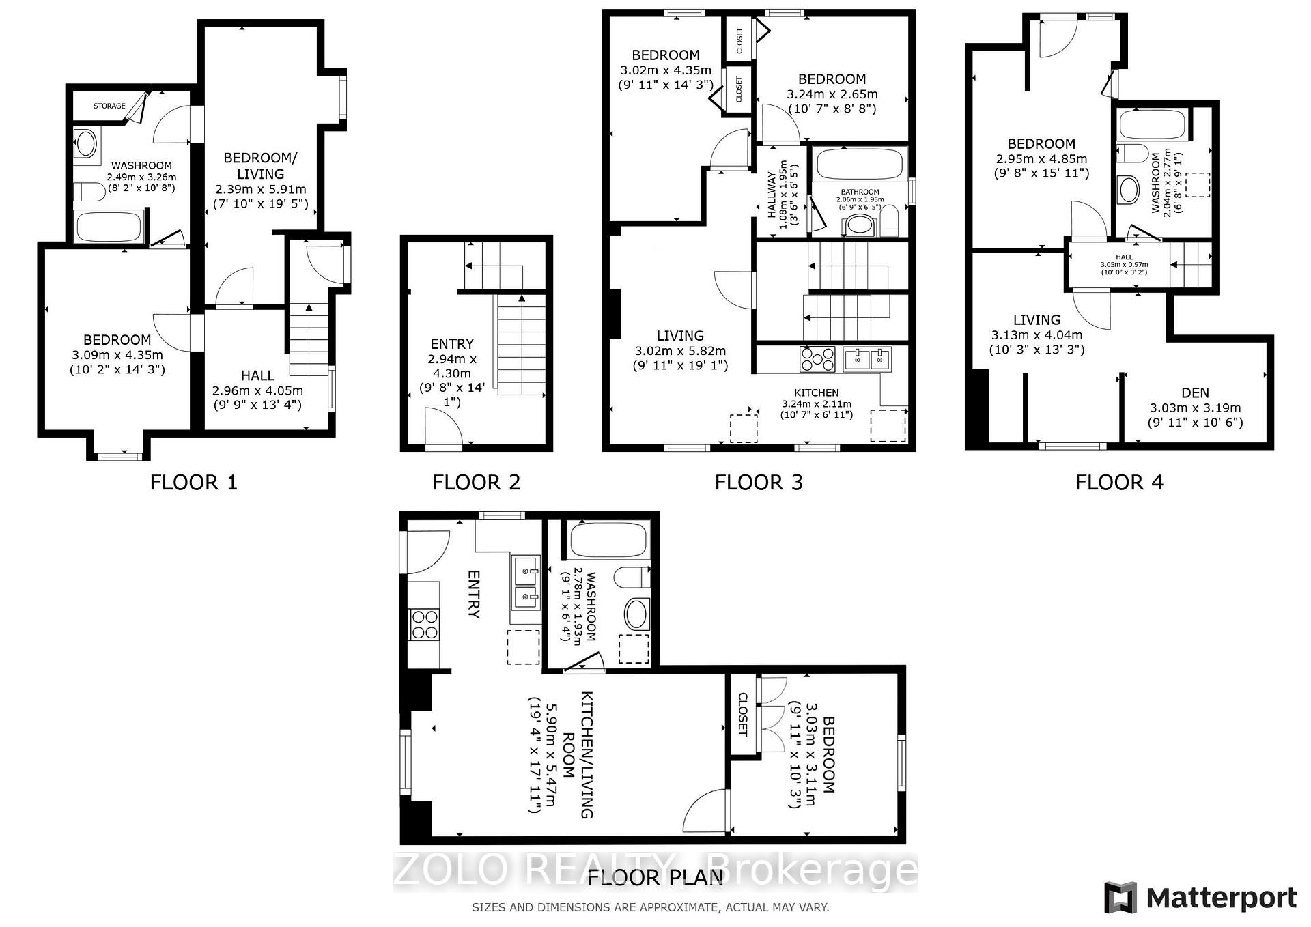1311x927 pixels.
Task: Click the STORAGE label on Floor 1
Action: pos(109,106)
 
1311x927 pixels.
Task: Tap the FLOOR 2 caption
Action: pos(476,483)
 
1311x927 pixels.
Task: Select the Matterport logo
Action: pos(1200,898)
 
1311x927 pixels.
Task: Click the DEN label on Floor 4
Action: pos(1195,393)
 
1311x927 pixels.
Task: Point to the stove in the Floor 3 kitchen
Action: pos(817,359)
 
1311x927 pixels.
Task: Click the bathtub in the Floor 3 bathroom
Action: pos(860,164)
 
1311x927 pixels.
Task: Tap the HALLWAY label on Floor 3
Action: pos(772,195)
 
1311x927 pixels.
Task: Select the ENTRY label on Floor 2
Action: pos(452,344)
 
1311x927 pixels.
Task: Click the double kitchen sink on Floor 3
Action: pos(867,359)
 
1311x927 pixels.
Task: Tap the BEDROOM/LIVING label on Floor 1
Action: pos(261,166)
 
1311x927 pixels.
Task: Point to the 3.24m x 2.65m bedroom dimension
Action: pos(832,94)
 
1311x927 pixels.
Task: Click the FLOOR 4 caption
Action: pos(1119,483)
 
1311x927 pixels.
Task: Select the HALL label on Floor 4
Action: pos(1124,257)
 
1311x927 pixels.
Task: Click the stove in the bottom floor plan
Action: pos(423,624)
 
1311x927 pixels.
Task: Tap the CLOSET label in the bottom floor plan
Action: pos(743,715)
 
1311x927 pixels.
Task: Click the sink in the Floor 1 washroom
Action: pos(87,144)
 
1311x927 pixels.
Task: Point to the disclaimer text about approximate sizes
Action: pos(651,908)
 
